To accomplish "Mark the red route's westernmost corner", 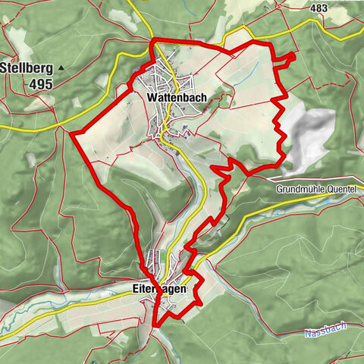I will click(72, 133).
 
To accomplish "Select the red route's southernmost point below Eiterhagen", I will click(155, 325).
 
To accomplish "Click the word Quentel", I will click(340, 189).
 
